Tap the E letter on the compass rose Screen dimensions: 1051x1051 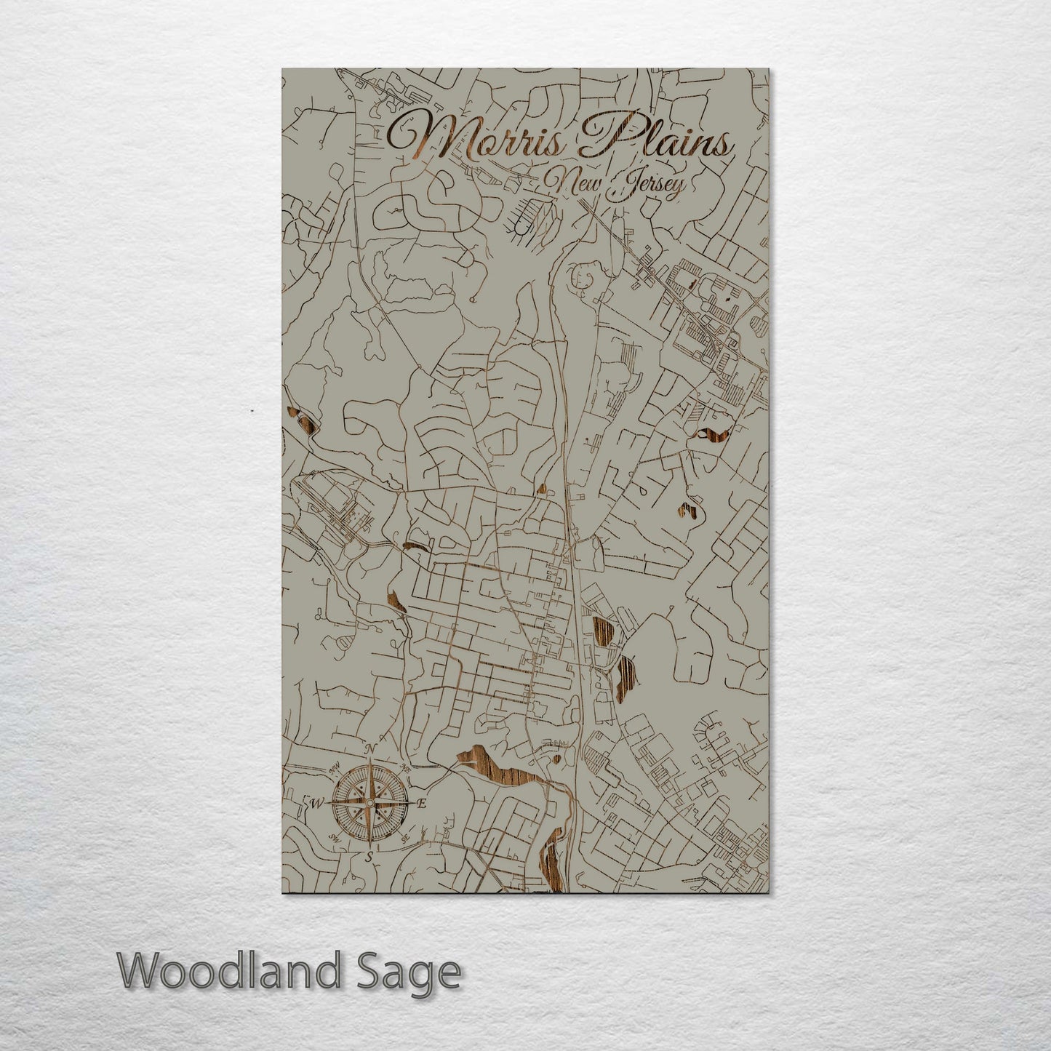click(422, 804)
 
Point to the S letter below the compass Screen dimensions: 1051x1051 click(369, 857)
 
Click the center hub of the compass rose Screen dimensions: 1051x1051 click(369, 803)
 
